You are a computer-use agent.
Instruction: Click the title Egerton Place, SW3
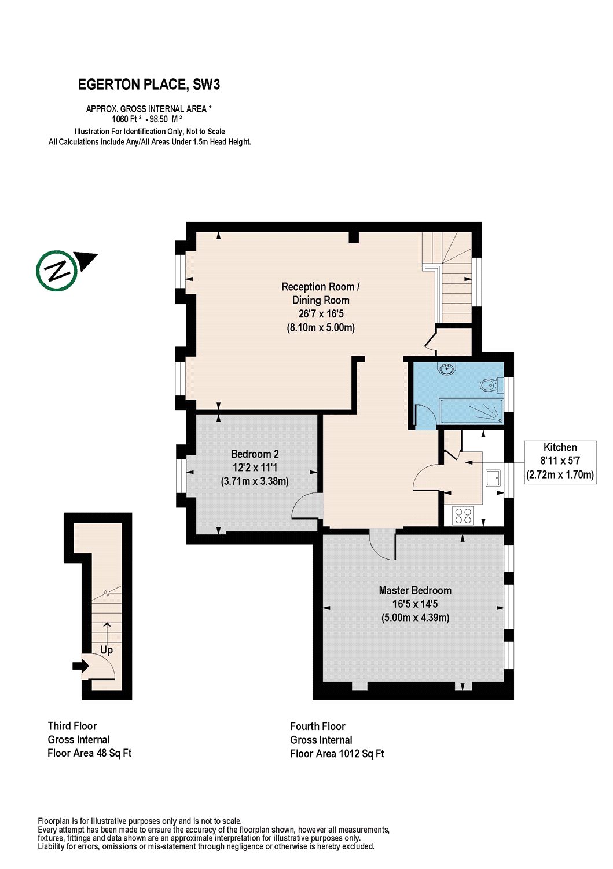pos(149,85)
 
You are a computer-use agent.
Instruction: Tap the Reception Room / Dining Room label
pos(321,293)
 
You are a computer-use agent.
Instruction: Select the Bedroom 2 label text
pos(255,454)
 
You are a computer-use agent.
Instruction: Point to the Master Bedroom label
pos(415,590)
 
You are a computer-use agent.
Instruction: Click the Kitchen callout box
pos(560,462)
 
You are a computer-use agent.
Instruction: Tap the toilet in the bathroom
pos(489,384)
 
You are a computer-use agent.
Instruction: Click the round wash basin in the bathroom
pos(446,368)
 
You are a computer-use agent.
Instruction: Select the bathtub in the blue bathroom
pos(471,411)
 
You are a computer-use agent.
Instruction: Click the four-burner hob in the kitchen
pos(463,515)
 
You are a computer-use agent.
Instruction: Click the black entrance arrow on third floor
pos(80,666)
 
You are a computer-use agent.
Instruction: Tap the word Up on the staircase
pos(107,650)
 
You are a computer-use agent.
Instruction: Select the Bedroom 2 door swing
pos(307,505)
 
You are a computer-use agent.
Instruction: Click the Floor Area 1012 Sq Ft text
pos(337,754)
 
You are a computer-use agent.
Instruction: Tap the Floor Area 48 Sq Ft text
pos(90,753)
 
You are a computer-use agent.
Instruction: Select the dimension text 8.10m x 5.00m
pos(321,327)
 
